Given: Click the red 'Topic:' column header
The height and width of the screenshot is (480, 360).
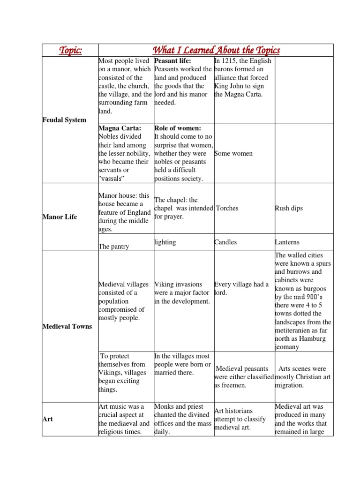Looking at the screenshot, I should click(x=69, y=50).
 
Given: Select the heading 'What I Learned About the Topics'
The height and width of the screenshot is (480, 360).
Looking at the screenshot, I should click(x=216, y=50).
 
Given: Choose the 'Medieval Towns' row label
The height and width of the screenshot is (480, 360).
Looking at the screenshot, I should click(x=67, y=326).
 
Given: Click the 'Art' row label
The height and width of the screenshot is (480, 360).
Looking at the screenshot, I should click(x=47, y=419).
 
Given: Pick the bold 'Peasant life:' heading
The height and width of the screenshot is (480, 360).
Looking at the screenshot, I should click(x=172, y=61).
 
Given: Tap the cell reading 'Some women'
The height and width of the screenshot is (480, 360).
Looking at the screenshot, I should click(x=233, y=153).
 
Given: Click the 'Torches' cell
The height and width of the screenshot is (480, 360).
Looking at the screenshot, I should click(x=227, y=208).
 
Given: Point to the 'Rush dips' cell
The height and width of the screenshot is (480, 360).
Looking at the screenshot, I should click(x=289, y=208).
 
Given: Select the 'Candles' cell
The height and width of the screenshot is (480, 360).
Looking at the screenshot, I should click(x=225, y=242).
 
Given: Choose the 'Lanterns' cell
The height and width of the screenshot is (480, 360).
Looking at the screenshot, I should click(x=287, y=242).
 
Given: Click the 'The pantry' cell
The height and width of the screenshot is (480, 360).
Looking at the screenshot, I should click(x=114, y=246).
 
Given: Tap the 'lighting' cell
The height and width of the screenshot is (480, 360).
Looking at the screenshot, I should click(x=165, y=242).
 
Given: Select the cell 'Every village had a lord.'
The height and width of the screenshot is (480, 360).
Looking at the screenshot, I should click(x=241, y=288).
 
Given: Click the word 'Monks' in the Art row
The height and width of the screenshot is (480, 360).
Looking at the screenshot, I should click(x=164, y=406).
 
